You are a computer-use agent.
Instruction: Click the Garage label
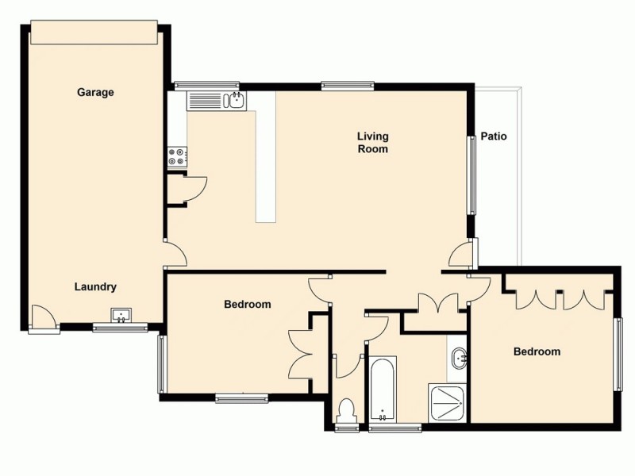click(95, 92)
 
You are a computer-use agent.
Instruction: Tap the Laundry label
click(96, 287)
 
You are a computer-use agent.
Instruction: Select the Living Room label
click(372, 142)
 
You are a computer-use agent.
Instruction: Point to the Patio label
click(494, 136)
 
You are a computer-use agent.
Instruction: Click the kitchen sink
click(235, 101)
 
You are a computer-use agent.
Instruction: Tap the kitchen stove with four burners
click(176, 157)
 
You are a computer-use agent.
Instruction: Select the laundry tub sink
click(121, 317)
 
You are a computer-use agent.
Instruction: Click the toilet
click(346, 412)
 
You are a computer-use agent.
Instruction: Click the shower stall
click(447, 402)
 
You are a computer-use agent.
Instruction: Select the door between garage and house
click(175, 254)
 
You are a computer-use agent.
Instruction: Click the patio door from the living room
click(460, 255)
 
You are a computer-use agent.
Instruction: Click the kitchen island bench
click(265, 159)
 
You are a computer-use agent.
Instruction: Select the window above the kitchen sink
click(206, 85)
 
